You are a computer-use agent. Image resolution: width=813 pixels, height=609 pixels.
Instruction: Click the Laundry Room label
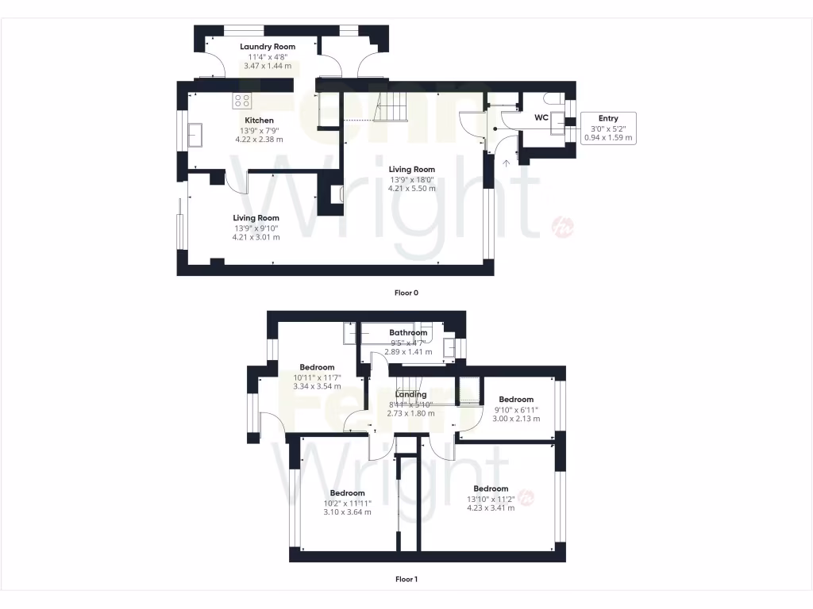tap(268, 47)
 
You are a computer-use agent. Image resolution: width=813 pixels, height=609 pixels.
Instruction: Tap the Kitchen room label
tap(259, 121)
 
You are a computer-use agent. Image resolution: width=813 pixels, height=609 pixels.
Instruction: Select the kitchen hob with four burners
tap(242, 101)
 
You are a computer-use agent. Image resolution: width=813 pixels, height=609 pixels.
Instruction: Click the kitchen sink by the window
tap(195, 135)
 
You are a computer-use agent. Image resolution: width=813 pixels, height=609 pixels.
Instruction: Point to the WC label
tap(541, 117)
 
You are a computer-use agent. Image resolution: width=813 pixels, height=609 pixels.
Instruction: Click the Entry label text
tap(608, 118)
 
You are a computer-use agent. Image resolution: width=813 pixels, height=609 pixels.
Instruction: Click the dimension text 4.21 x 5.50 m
tap(411, 188)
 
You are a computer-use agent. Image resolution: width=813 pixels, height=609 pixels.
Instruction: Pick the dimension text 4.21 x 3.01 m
tap(256, 237)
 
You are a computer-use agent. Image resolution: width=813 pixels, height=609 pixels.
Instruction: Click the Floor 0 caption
tap(406, 293)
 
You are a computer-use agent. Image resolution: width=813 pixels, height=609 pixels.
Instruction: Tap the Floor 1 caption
tap(406, 579)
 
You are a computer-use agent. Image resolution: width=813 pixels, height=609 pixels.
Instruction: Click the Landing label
tap(410, 394)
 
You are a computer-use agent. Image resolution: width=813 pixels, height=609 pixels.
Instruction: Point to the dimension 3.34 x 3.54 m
tap(317, 387)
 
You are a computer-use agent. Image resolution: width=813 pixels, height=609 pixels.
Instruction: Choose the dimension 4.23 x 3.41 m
tap(491, 507)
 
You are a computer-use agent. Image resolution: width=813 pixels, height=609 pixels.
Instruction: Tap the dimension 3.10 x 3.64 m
tap(347, 512)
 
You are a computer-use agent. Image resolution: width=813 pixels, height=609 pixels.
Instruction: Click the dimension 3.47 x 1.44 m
tap(268, 66)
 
